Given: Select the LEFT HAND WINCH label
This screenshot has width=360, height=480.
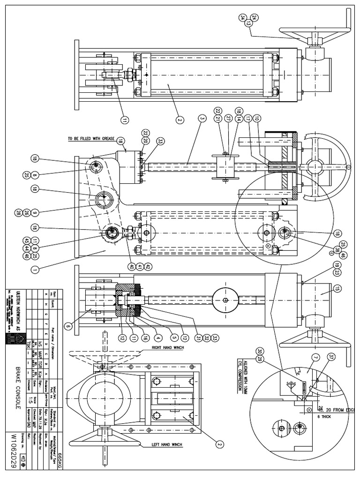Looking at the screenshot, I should pyautogui.click(x=167, y=444).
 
